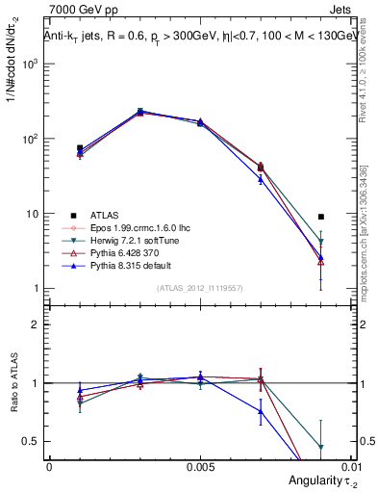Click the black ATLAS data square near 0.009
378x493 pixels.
[x=321, y=217]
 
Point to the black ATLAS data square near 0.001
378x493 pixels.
[x=79, y=148]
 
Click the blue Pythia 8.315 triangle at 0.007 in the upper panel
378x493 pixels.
[x=261, y=179]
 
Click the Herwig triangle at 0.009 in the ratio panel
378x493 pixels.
[x=321, y=448]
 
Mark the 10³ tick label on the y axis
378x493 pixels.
[x=29, y=64]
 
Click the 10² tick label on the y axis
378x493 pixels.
[x=29, y=139]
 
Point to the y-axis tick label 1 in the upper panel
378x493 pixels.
[x=35, y=289]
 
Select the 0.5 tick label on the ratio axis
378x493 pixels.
[x=30, y=441]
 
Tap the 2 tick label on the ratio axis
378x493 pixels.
[x=35, y=324]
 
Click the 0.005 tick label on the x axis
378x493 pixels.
[x=200, y=466]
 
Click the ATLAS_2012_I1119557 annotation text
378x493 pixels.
[x=200, y=289]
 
